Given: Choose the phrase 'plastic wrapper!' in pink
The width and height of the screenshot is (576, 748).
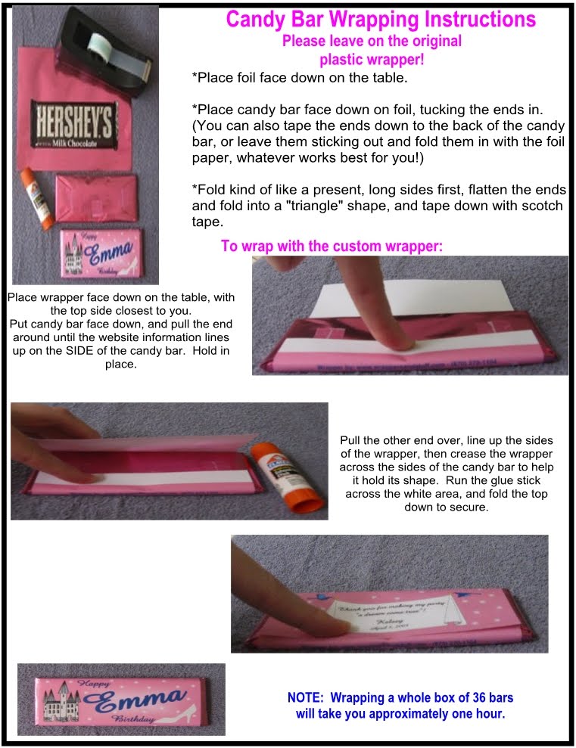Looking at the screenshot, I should pos(371,57).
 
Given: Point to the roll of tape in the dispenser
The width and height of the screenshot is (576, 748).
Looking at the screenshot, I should pos(102,33).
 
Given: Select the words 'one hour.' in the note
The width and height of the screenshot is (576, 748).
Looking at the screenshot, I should pos(478,713).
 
